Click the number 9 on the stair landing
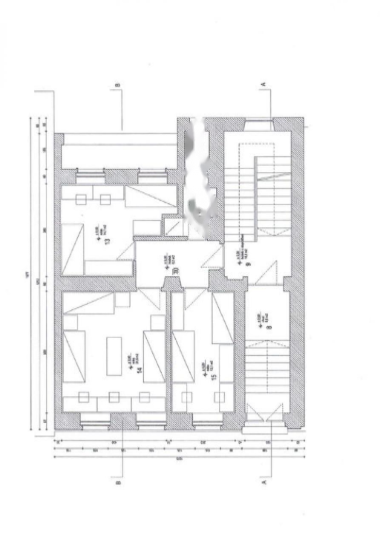coord(249,262)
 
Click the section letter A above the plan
coord(263,85)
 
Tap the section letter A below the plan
coord(264,483)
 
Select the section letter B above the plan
coord(118,85)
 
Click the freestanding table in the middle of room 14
coord(114,356)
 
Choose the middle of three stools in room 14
coord(114,397)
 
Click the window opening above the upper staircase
coord(260,125)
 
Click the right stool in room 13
coord(105,199)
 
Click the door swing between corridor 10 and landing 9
coord(213,258)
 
